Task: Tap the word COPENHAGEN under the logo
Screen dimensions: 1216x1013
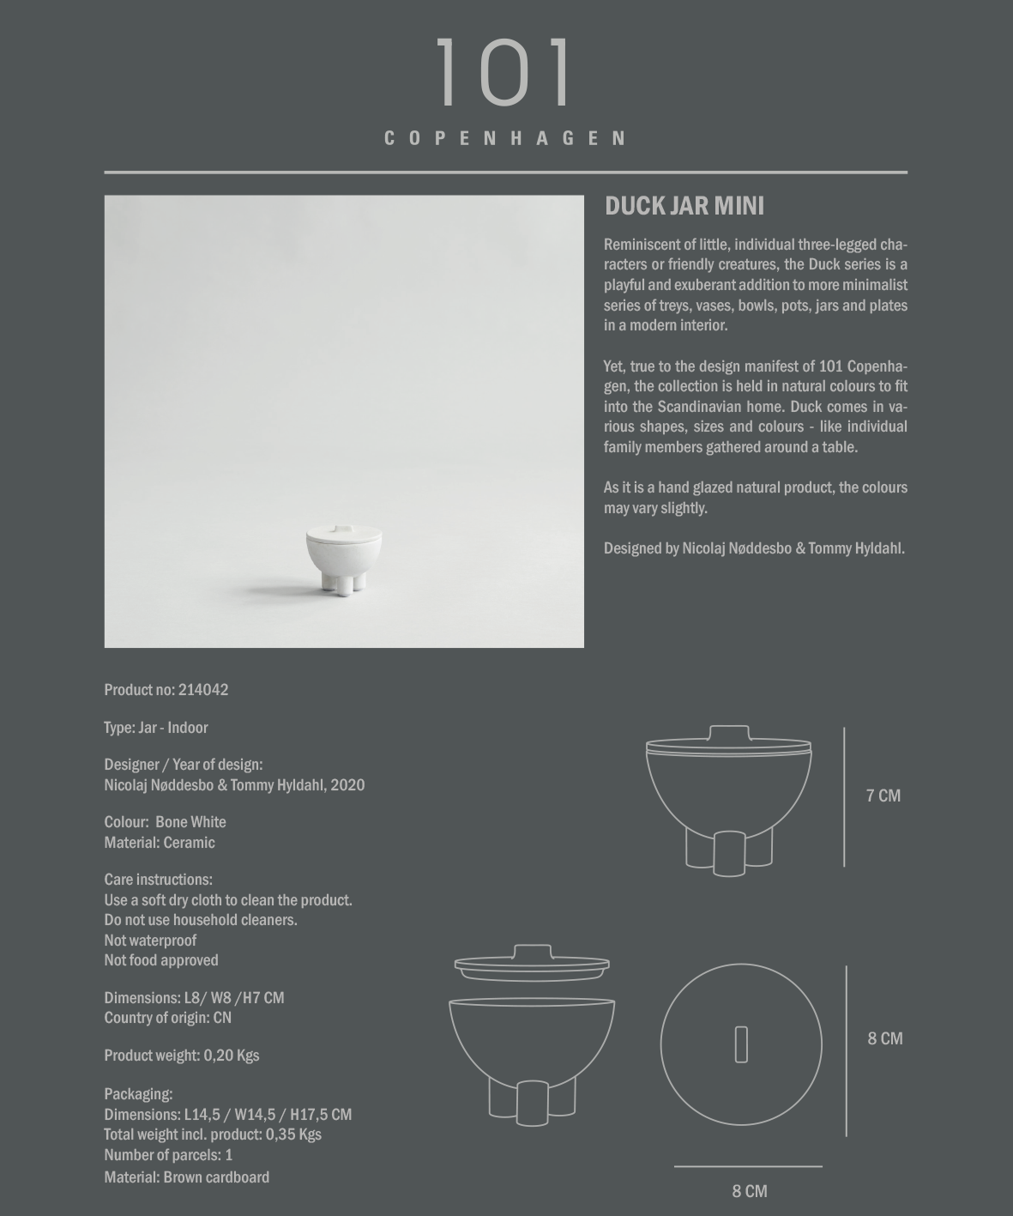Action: pyautogui.click(x=505, y=139)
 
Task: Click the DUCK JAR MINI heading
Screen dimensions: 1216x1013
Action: pyautogui.click(x=684, y=206)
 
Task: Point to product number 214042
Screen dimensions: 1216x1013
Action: pyautogui.click(x=203, y=690)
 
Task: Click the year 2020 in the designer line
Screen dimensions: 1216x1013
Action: pyautogui.click(x=347, y=785)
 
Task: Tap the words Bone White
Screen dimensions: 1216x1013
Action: pyautogui.click(x=190, y=822)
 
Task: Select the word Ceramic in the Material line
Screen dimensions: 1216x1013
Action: pyautogui.click(x=189, y=843)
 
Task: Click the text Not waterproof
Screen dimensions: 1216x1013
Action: pyautogui.click(x=150, y=941)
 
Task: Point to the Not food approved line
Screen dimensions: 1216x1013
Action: pyautogui.click(x=161, y=960)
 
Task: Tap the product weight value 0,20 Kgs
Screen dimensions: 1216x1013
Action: pyautogui.click(x=232, y=1056)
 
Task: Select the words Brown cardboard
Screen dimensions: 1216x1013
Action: pyautogui.click(x=216, y=1177)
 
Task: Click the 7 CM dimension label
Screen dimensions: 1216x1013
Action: pyautogui.click(x=883, y=796)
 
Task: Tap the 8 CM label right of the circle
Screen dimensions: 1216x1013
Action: pyautogui.click(x=884, y=1038)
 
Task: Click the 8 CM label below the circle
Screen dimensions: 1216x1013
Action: pyautogui.click(x=750, y=1191)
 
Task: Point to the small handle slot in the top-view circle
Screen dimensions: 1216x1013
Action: pyautogui.click(x=741, y=1044)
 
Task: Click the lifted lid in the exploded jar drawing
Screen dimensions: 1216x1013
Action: pyautogui.click(x=532, y=965)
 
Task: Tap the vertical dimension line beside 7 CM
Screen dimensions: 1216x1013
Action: pyautogui.click(x=844, y=796)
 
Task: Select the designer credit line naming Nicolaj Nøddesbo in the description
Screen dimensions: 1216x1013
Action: pyautogui.click(x=754, y=548)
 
